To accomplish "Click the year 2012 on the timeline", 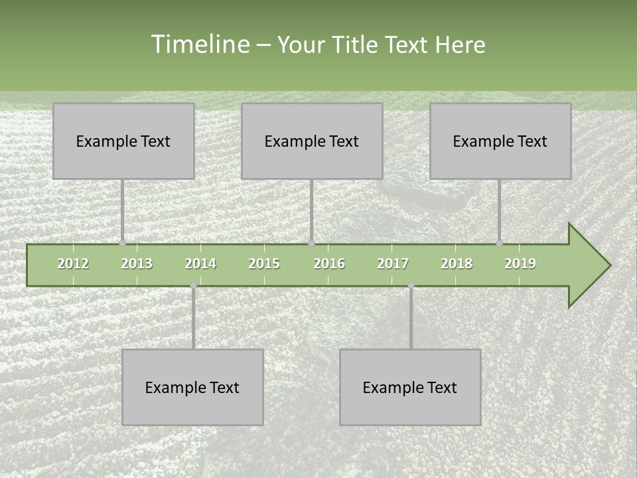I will point(73,264).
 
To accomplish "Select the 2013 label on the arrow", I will point(137,264).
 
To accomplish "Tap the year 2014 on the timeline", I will point(200,264).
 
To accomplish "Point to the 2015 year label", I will point(264,264).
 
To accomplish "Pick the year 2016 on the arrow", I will point(329,264).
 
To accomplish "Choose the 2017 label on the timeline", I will point(393,264).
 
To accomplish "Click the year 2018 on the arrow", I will point(457,264).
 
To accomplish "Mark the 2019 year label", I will point(520,264).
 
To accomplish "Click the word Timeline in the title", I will point(199,44).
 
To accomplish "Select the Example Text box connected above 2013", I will point(123,141).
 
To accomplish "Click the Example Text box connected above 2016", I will point(312,141).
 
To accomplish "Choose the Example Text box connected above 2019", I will point(500,141).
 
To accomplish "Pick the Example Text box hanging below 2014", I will point(192,387).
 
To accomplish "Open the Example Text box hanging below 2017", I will point(410,387).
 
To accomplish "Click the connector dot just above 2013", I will point(122,243).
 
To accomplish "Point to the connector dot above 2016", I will point(311,243).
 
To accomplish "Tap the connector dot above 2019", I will point(499,243).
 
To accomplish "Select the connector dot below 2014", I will point(193,285).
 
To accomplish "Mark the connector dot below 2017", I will point(411,285).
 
